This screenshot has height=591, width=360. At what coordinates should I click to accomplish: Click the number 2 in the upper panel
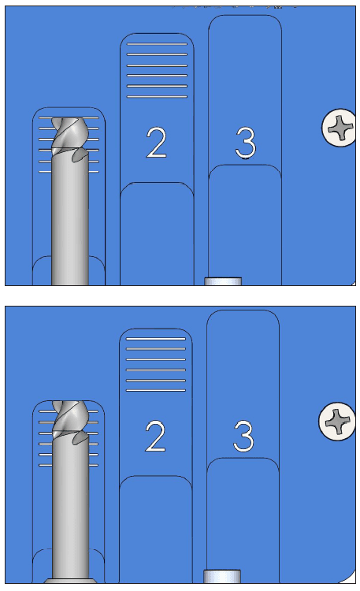[x=157, y=142]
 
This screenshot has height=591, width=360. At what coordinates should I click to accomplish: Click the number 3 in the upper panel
[x=246, y=142]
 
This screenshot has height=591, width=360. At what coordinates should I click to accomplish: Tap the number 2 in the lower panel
[x=155, y=436]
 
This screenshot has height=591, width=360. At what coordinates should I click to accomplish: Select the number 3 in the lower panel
[x=243, y=436]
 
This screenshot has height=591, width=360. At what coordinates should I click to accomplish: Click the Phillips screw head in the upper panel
[x=339, y=128]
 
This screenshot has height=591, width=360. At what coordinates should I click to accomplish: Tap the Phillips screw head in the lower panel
[x=337, y=421]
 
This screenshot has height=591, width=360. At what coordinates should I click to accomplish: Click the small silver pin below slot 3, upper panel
[x=223, y=281]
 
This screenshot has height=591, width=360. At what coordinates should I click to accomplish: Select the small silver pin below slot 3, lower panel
[x=222, y=576]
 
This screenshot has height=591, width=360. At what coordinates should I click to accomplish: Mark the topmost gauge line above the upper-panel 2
[x=157, y=44]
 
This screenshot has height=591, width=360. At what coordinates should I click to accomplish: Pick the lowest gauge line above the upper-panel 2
[x=157, y=97]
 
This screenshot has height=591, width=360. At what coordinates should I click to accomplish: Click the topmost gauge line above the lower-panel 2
[x=156, y=339]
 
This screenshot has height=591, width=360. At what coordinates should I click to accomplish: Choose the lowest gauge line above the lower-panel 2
[x=156, y=390]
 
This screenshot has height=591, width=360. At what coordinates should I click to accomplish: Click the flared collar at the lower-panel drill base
[x=70, y=581]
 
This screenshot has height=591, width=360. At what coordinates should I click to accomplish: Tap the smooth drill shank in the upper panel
[x=70, y=222]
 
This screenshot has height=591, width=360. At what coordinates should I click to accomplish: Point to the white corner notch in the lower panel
[x=351, y=578]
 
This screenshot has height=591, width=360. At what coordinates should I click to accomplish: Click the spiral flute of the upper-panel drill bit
[x=70, y=136]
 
